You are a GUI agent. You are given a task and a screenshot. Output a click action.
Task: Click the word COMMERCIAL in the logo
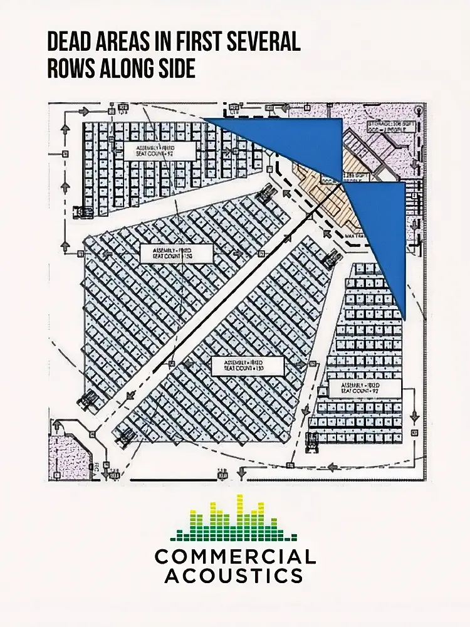point(235,556)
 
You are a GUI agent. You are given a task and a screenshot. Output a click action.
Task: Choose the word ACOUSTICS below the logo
point(235,575)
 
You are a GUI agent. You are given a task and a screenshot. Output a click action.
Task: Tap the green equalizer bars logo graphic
point(235,519)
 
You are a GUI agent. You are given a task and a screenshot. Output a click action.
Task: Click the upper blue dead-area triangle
point(295,141)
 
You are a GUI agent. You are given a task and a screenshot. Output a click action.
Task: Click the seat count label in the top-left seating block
point(160,150)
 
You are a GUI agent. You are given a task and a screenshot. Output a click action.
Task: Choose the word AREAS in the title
point(128,43)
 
